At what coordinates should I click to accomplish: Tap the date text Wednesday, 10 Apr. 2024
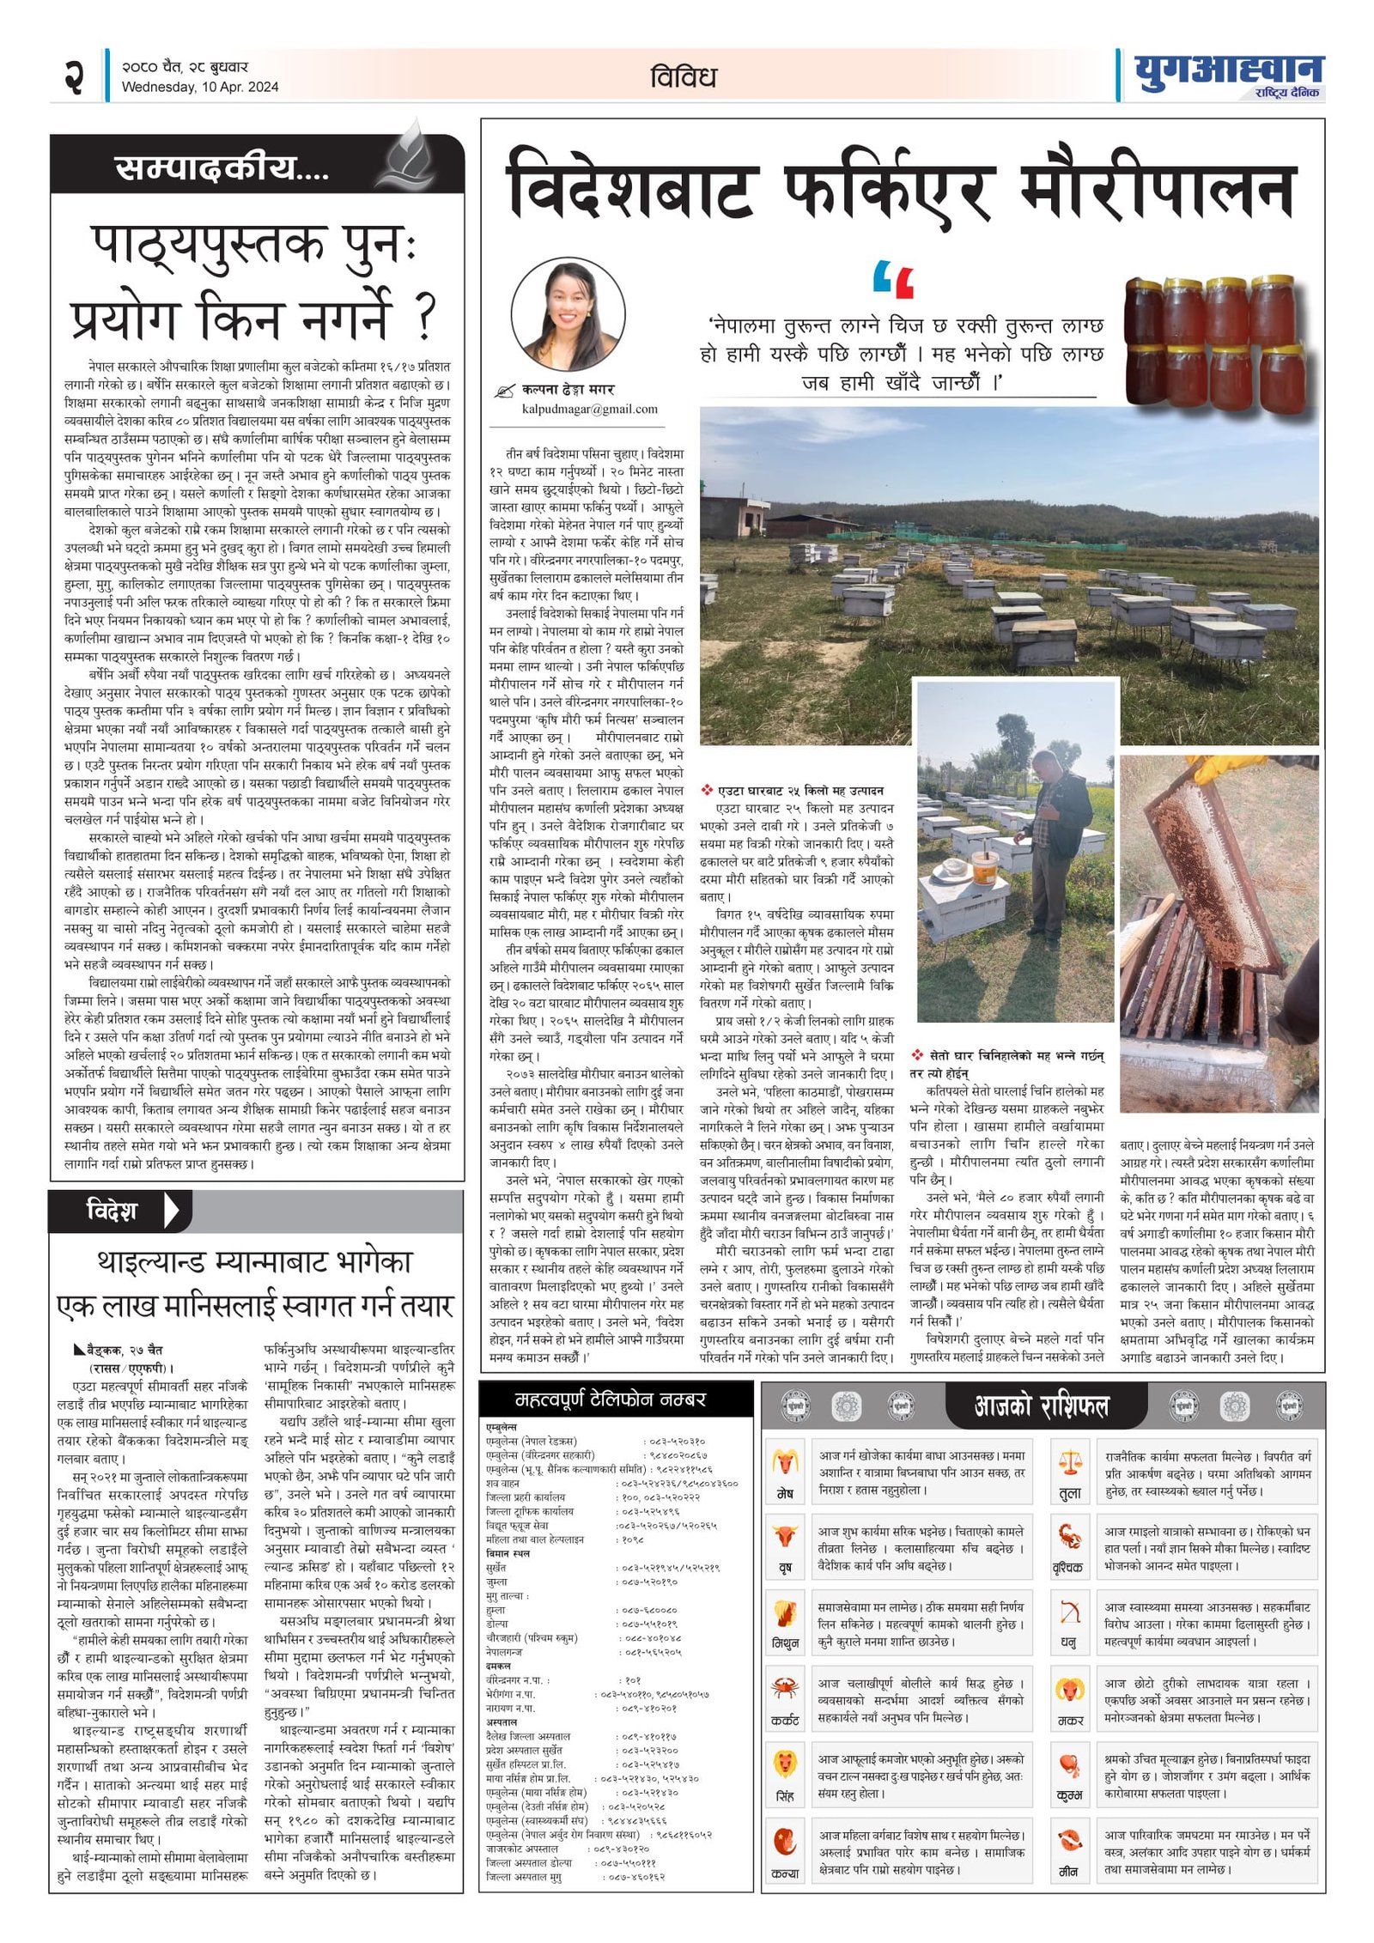200,87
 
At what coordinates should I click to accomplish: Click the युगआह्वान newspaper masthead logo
1229,71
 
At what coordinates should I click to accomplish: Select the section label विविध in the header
683,77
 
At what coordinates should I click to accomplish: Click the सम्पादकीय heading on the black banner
222,168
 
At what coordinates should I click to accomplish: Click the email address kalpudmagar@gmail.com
589,410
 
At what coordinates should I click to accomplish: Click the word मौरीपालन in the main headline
1156,191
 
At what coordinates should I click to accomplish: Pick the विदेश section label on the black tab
112,1211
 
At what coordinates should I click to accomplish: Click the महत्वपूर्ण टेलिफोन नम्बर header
610,1400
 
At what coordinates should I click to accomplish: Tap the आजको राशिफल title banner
1041,1406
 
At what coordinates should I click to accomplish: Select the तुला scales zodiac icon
1070,1462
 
